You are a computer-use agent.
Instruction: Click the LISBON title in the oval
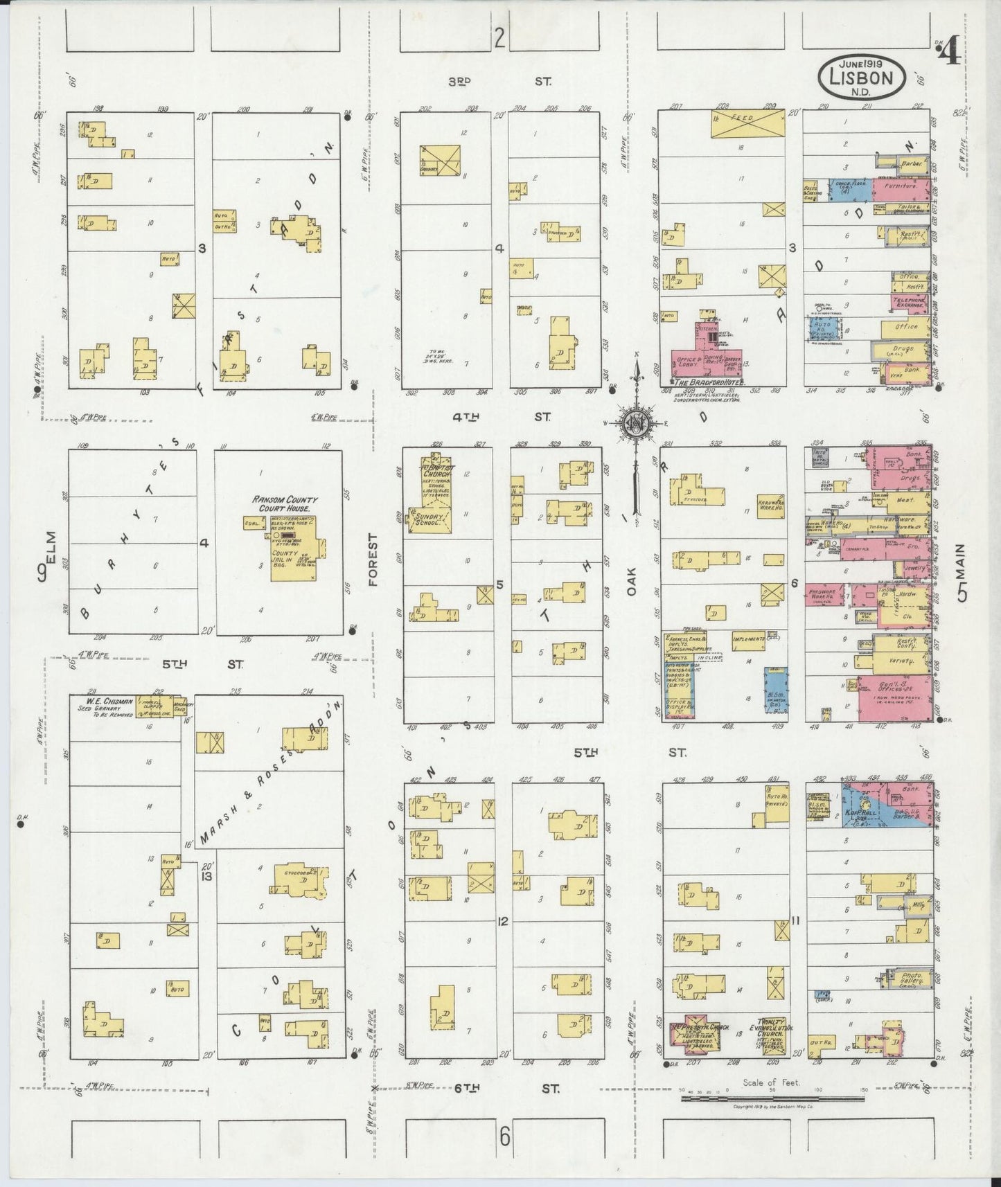point(862,78)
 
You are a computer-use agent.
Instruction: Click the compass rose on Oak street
point(635,422)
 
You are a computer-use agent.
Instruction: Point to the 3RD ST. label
point(498,81)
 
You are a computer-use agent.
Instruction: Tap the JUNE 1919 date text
point(862,61)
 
